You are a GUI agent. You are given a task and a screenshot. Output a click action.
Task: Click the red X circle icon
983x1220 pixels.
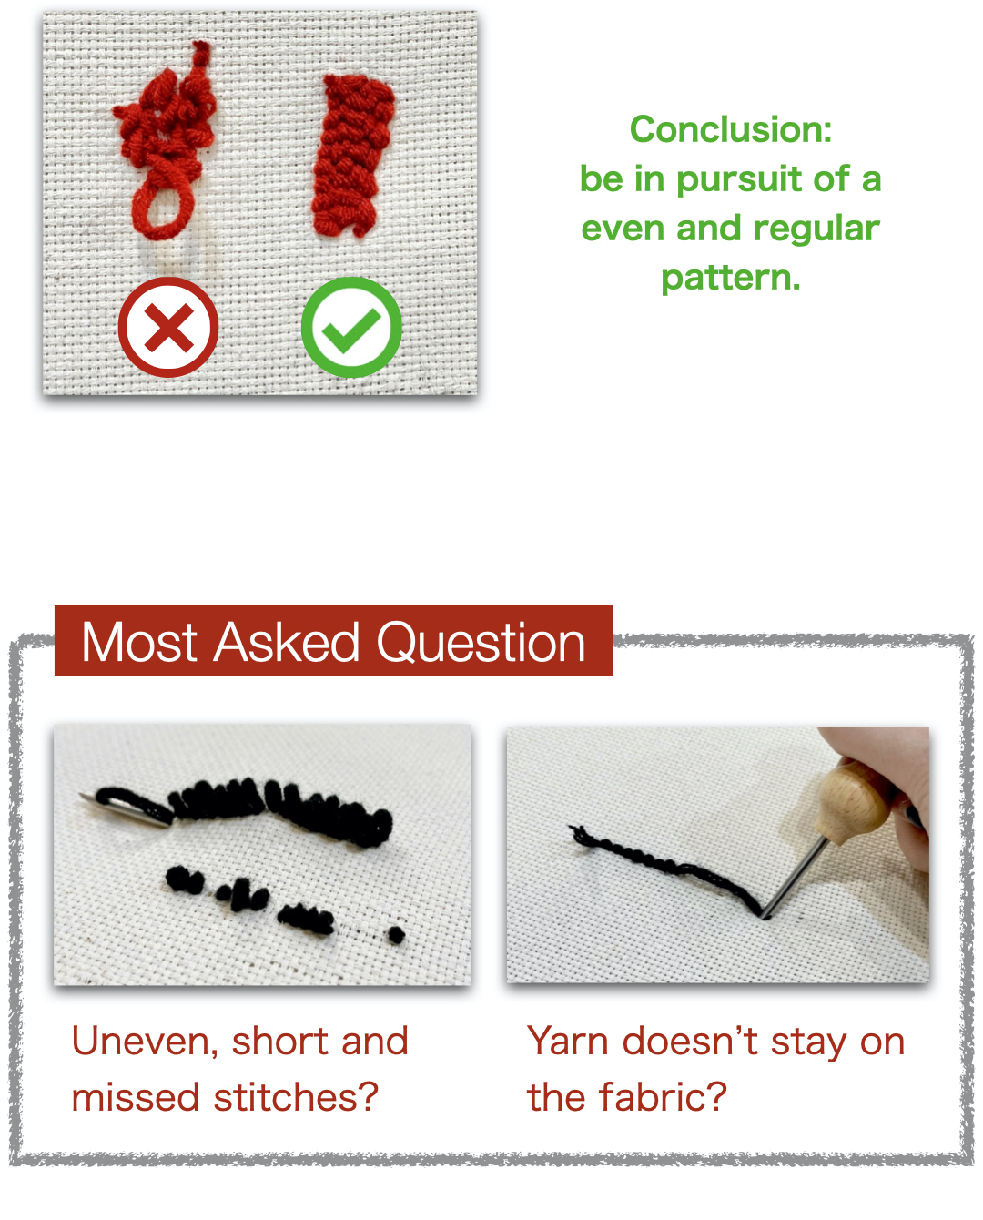[168, 327]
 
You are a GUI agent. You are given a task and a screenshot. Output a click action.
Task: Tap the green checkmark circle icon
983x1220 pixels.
[351, 327]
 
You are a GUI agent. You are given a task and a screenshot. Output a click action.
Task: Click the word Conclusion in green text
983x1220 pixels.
[730, 129]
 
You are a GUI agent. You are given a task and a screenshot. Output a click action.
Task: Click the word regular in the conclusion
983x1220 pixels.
[816, 229]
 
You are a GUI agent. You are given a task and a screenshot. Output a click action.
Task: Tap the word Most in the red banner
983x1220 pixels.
[139, 642]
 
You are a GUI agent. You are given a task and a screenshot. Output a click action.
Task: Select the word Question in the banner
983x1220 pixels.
[481, 642]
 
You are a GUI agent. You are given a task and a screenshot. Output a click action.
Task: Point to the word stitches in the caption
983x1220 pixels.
[295, 1097]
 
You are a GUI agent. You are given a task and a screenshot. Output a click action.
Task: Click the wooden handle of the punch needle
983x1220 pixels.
[850, 798]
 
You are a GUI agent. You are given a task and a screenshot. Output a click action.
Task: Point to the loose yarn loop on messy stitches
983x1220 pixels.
[163, 209]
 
